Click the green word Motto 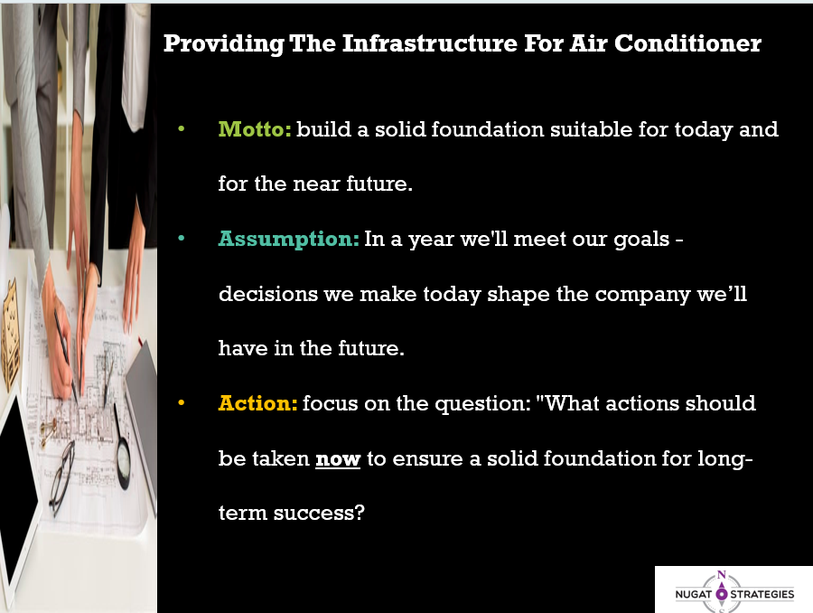[255, 128]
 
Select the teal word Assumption [289, 239]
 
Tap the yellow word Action [257, 402]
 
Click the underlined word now [338, 458]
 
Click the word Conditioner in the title [688, 43]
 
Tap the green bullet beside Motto [181, 128]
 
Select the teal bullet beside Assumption [181, 239]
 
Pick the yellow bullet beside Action [181, 402]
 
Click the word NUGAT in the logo [693, 594]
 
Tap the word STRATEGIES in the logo [762, 594]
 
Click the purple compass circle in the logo [721, 594]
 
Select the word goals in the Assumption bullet [641, 240]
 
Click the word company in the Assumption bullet [642, 295]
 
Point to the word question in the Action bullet [479, 404]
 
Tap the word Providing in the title [224, 43]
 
